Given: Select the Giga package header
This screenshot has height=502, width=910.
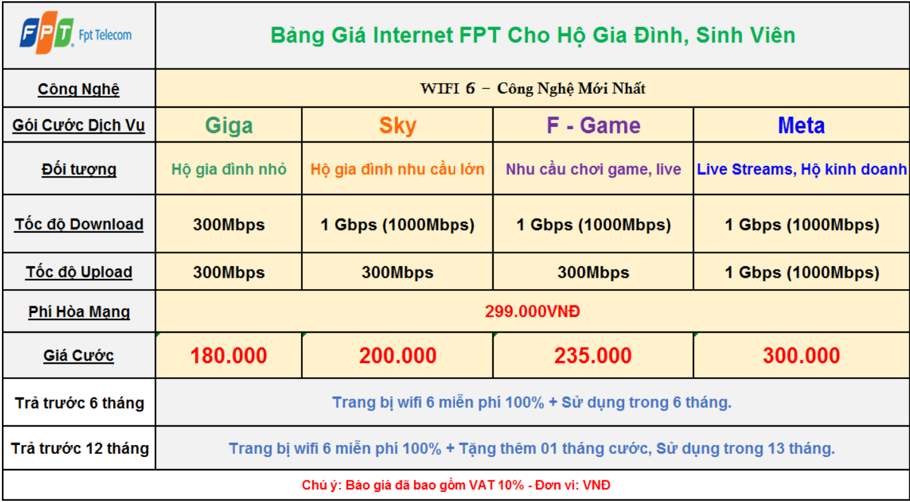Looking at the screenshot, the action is [x=229, y=125].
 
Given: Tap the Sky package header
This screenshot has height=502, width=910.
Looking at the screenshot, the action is [x=398, y=125].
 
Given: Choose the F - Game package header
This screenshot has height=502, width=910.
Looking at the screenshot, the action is [x=593, y=125].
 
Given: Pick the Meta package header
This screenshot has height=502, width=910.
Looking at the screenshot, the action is [x=801, y=125].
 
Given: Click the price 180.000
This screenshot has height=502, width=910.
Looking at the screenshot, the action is [x=229, y=355].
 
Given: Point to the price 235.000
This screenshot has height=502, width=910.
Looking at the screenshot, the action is [x=593, y=355].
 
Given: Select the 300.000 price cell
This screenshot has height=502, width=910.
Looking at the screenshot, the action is [x=801, y=355].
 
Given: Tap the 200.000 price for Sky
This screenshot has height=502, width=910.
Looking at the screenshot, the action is [x=398, y=355].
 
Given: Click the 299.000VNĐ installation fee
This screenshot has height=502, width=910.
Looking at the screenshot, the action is [x=532, y=311].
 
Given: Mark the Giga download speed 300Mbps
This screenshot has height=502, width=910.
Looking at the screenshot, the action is [x=229, y=225].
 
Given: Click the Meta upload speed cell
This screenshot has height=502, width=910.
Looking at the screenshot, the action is [x=802, y=273].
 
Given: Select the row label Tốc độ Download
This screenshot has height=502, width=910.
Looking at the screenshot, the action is [x=79, y=224].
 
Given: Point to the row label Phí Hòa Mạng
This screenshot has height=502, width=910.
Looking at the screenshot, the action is [x=79, y=312].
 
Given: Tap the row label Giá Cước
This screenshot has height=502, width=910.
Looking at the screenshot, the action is [x=79, y=355].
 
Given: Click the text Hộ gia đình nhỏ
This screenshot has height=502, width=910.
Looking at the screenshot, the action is [x=229, y=169].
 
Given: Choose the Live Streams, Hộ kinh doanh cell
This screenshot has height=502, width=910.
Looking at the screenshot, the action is [x=802, y=169].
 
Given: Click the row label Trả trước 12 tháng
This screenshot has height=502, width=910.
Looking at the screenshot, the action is [x=80, y=448].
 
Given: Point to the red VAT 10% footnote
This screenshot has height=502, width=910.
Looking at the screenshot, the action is [x=456, y=485].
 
